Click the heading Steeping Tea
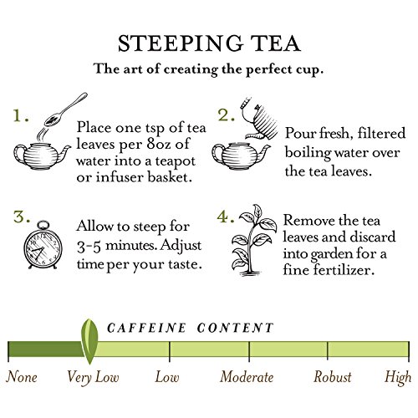pos(209,43)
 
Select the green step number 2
pos(226,115)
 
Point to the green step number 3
pos(22,217)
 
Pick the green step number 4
pos(226,217)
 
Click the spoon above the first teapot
pos(66,110)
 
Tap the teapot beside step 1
pos(42,156)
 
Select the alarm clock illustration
pos(43,245)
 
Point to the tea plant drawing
pos(253,240)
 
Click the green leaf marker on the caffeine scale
pos(89,342)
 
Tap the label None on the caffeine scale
pos(22,377)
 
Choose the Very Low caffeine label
pos(93,378)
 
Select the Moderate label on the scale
pos(247,377)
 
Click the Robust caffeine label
pos(333,377)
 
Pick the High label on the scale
pos(398,378)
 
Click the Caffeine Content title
pos(190,328)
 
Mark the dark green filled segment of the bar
pos(46,349)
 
